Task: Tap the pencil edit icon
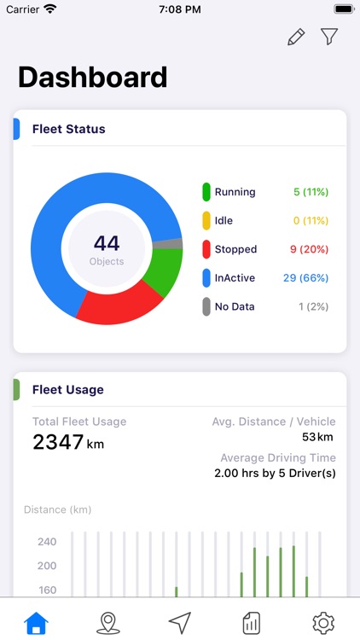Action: pyautogui.click(x=296, y=37)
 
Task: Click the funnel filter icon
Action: pyautogui.click(x=329, y=37)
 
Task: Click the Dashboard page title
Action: pyautogui.click(x=92, y=77)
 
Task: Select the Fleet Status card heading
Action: pyautogui.click(x=68, y=130)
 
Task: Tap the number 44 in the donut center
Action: pyautogui.click(x=107, y=243)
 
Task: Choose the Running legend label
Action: pyautogui.click(x=235, y=192)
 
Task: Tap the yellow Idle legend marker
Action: pyautogui.click(x=206, y=221)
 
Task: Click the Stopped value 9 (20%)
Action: pyautogui.click(x=310, y=249)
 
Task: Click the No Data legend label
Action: pyautogui.click(x=236, y=306)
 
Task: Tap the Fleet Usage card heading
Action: pyautogui.click(x=67, y=390)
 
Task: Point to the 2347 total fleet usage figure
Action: pyautogui.click(x=58, y=442)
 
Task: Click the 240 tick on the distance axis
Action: pyautogui.click(x=47, y=542)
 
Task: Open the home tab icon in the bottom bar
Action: pyautogui.click(x=36, y=622)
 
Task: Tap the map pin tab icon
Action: pyautogui.click(x=107, y=622)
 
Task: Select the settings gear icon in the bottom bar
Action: pyautogui.click(x=323, y=622)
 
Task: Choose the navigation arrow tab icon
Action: pyautogui.click(x=179, y=622)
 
